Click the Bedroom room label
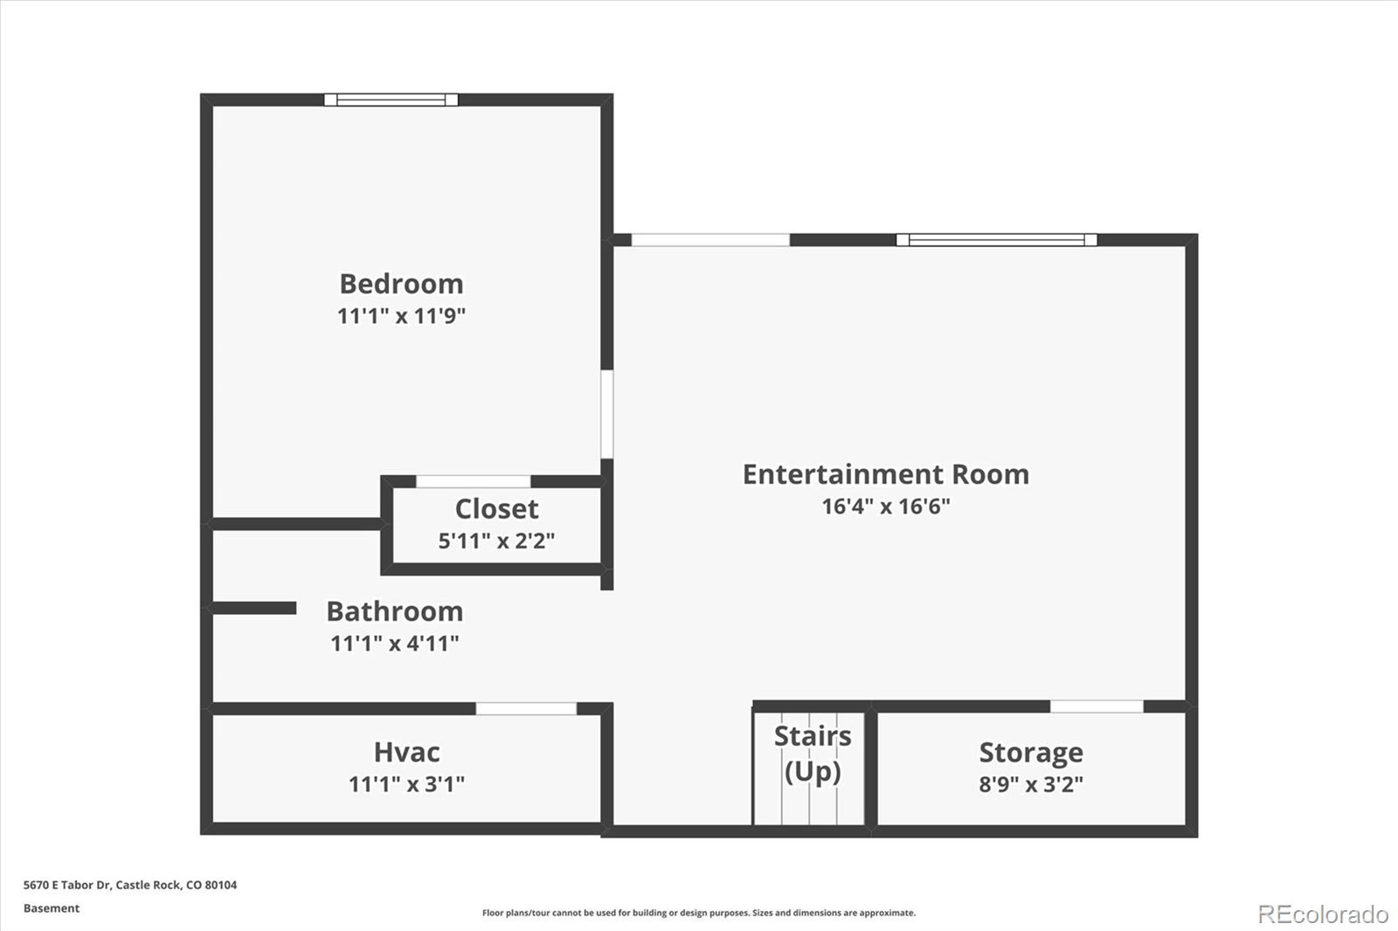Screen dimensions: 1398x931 pyautogui.click(x=401, y=285)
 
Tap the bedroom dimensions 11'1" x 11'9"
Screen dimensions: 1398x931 pyautogui.click(x=401, y=316)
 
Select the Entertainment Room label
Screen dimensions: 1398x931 pyautogui.click(x=886, y=474)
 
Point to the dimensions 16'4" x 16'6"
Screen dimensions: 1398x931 pyautogui.click(x=886, y=506)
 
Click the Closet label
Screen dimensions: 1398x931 pyautogui.click(x=497, y=509)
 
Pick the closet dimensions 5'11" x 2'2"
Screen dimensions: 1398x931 pyautogui.click(x=496, y=541)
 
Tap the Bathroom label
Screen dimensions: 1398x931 pyautogui.click(x=395, y=611)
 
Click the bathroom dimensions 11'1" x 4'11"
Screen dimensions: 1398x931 pyautogui.click(x=394, y=644)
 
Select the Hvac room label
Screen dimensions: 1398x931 pyautogui.click(x=407, y=753)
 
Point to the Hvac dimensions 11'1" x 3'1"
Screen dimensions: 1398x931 pyautogui.click(x=406, y=783)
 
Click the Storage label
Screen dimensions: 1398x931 pyautogui.click(x=1031, y=753)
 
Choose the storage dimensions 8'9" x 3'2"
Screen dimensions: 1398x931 pyautogui.click(x=1031, y=783)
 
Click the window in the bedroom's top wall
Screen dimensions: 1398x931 pyautogui.click(x=391, y=100)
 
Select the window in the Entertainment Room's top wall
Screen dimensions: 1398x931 pyautogui.click(x=997, y=239)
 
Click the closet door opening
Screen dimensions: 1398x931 pyautogui.click(x=473, y=481)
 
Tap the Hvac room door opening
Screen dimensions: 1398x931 pyautogui.click(x=526, y=708)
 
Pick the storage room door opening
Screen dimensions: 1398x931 pyautogui.click(x=1097, y=707)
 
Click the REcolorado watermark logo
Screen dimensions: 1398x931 pyautogui.click(x=1323, y=914)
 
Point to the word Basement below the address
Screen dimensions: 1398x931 pyautogui.click(x=52, y=908)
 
